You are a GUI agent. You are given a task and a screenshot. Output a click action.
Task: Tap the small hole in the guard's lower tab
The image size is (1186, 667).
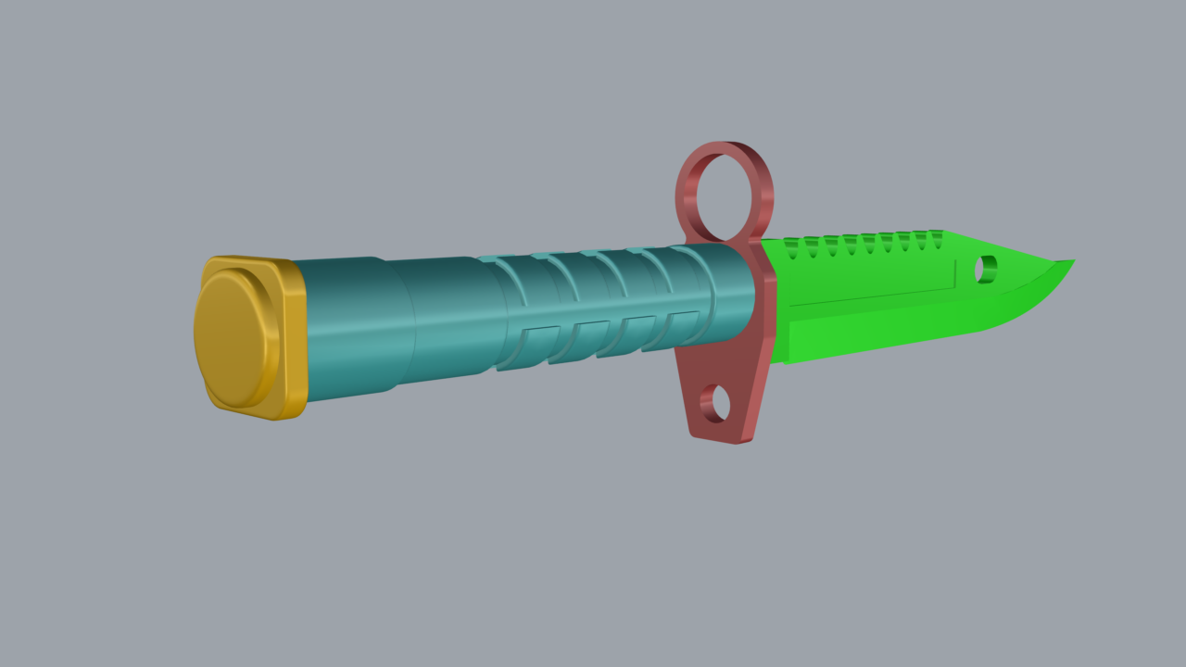[715, 404]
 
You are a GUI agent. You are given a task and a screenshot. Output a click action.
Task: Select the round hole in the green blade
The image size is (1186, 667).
[985, 269]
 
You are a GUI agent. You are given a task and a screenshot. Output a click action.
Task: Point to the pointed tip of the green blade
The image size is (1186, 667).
[1072, 262]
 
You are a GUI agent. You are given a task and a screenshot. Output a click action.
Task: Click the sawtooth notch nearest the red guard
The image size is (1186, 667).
[791, 248]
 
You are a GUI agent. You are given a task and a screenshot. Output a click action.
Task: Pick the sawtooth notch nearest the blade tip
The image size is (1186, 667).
[937, 237]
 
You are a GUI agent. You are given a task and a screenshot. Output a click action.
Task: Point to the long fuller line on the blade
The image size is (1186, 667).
[871, 296]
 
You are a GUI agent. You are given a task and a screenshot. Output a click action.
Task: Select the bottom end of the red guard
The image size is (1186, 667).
[732, 435]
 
